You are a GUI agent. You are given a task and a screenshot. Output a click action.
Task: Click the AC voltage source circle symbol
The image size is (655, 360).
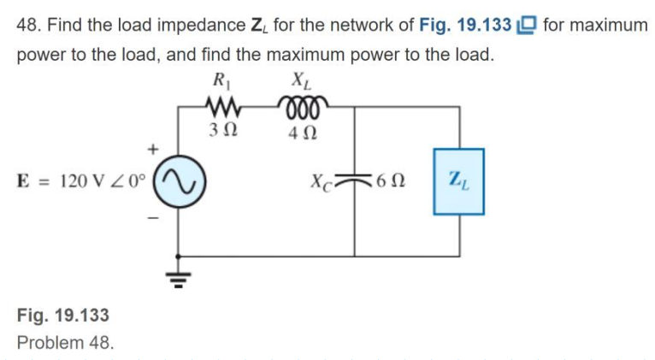click(x=179, y=181)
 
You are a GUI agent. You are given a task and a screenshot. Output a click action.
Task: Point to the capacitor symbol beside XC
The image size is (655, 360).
click(x=354, y=180)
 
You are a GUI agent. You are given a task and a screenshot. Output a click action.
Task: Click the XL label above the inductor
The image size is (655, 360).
click(x=300, y=83)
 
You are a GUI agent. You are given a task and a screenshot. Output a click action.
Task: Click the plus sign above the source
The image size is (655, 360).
click(x=155, y=149)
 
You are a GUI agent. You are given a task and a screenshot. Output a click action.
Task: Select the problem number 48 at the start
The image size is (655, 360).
click(x=28, y=25)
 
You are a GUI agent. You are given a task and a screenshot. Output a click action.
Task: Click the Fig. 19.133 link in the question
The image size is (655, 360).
click(x=466, y=25)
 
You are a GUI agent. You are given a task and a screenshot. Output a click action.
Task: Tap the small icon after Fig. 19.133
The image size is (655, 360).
click(x=527, y=25)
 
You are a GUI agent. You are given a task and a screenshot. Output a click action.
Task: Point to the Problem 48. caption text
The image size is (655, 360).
click(x=65, y=342)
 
